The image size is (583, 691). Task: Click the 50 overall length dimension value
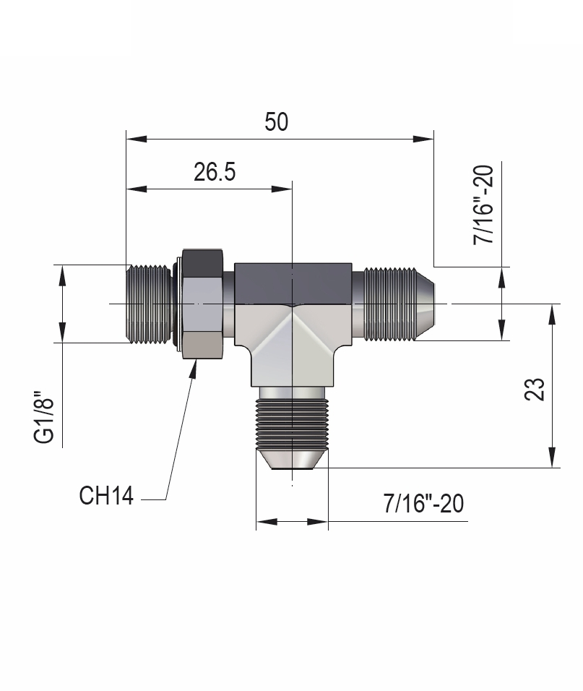coord(276,121)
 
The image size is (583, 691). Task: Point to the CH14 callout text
coord(106,497)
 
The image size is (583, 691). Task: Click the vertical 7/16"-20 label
coord(483,205)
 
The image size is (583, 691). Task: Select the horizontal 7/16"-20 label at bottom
coord(424,503)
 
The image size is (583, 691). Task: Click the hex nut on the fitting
coord(202,304)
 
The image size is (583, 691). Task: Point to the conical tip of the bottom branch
coord(292,460)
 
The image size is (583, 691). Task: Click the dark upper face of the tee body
coord(292,282)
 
